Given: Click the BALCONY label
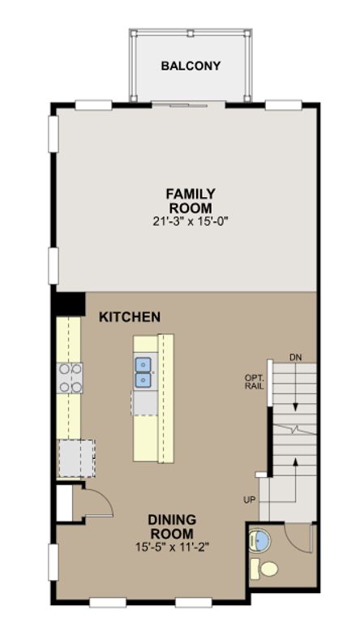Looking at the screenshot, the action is (191, 66).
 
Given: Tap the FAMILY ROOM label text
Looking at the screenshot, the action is (191, 201).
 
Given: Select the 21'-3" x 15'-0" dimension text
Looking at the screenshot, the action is (191, 221).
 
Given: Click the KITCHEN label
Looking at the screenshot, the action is (130, 317).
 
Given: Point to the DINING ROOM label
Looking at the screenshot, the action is (172, 526).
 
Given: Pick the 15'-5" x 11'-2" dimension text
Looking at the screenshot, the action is (172, 547).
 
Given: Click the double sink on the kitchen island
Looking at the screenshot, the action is (143, 372).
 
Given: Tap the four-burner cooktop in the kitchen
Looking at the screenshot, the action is (71, 378).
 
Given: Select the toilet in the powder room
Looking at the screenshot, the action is (264, 568).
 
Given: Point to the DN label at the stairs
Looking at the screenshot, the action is (295, 358).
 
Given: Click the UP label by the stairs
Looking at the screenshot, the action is (250, 500).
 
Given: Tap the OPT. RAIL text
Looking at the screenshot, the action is (255, 381).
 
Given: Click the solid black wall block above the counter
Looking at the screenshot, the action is (71, 304).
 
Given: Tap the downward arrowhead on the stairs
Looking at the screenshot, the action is (295, 407).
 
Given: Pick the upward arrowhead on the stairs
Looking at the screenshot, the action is (295, 461).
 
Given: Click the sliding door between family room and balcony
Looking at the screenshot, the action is (189, 105).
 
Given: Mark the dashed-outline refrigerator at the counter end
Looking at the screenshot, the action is (77, 458).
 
